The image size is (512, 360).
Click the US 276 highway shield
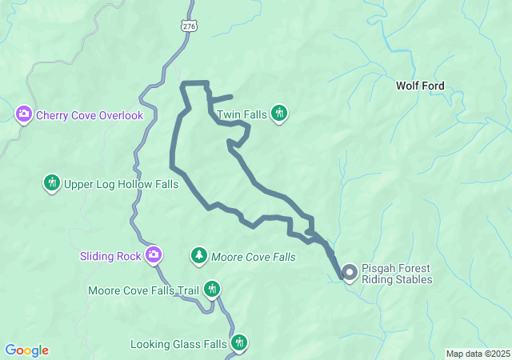click(189, 26)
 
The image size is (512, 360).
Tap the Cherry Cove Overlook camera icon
click(24, 115)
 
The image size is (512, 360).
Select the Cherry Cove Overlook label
click(89, 115)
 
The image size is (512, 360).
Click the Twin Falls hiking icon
click(279, 114)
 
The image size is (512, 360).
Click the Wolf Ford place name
click(420, 86)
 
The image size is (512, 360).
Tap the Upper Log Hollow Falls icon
click(52, 183)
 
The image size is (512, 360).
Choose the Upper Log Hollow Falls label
click(121, 184)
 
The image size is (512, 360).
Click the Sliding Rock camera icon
click(154, 256)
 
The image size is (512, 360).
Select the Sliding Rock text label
click(110, 257)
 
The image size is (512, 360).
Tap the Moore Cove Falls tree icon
click(198, 256)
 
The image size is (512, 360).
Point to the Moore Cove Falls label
click(253, 258)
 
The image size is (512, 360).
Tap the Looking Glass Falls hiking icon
click(239, 344)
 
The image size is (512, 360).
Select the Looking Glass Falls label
click(178, 345)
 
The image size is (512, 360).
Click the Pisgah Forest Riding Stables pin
click(350, 273)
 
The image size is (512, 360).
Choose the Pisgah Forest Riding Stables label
click(397, 274)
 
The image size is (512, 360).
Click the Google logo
click(26, 350)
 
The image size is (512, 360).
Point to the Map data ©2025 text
click(477, 354)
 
